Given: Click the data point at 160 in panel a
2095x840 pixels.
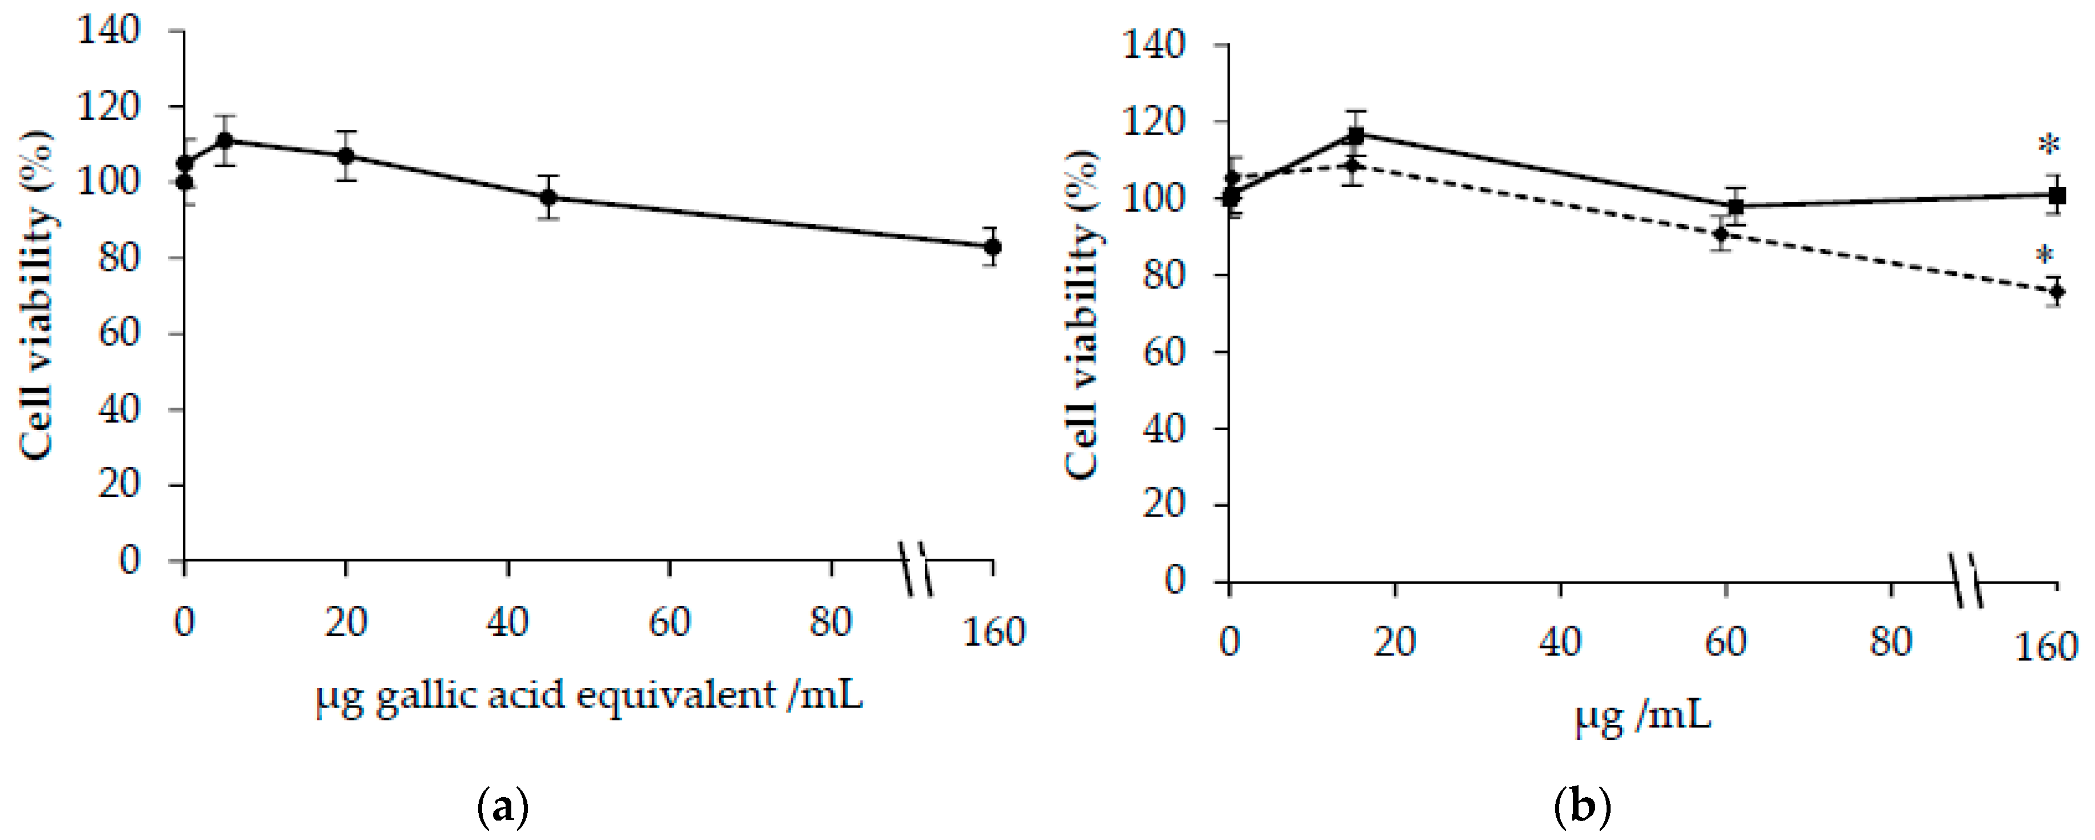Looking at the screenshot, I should click(x=992, y=246).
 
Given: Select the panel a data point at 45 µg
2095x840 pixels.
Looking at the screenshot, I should click(x=549, y=197).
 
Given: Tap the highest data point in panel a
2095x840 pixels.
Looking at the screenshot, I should click(x=225, y=141).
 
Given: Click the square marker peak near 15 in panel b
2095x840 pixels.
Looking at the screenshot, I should click(x=1355, y=135).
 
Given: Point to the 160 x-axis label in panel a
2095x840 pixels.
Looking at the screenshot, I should click(x=994, y=632).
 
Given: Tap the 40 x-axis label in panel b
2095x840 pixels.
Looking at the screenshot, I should click(x=1560, y=642).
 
